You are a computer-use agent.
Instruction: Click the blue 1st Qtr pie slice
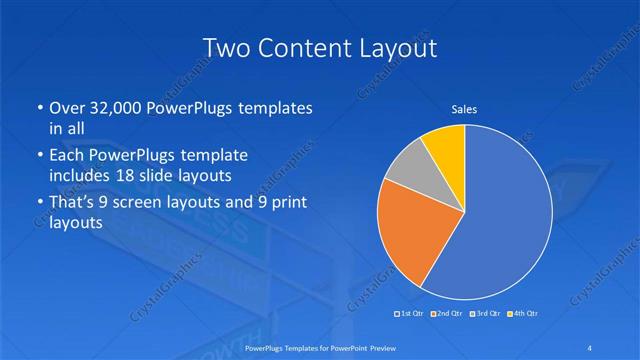point(505,215)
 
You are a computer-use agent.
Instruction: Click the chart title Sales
point(464,109)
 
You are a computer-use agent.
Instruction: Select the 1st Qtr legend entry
point(410,314)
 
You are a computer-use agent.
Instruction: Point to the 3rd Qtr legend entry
point(485,314)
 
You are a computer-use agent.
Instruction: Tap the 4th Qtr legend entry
point(523,314)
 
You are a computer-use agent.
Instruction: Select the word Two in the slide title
point(227,48)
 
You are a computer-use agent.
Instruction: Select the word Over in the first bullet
point(67,107)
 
